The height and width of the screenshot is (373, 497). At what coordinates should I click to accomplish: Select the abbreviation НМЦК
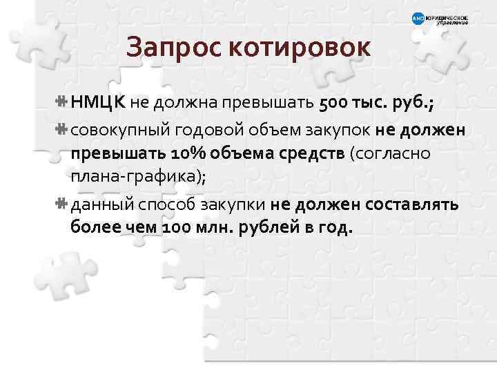98,103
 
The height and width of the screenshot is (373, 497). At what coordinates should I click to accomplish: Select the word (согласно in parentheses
391,153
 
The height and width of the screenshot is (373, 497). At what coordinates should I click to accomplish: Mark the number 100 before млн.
177,229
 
